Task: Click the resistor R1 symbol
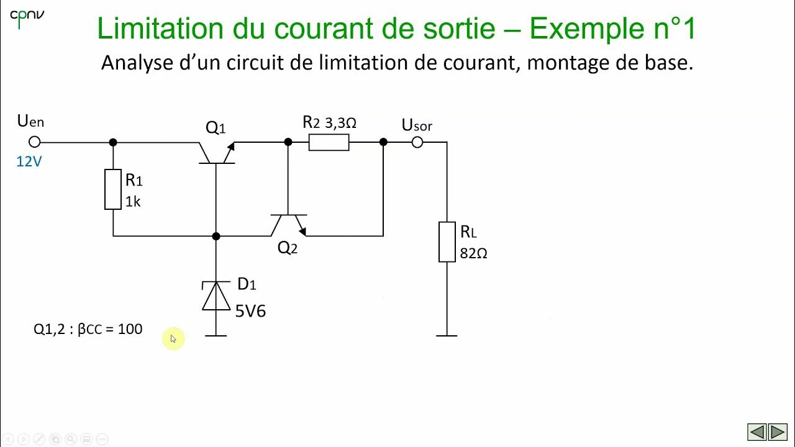pyautogui.click(x=113, y=189)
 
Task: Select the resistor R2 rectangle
pyautogui.click(x=329, y=142)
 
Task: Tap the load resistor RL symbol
pyautogui.click(x=447, y=242)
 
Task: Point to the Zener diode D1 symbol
pyautogui.click(x=216, y=296)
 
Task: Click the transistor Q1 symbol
pyautogui.click(x=216, y=152)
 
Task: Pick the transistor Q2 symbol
pyautogui.click(x=288, y=225)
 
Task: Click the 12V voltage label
pyautogui.click(x=29, y=161)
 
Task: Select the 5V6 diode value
pyautogui.click(x=250, y=310)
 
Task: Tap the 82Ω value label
pyautogui.click(x=473, y=253)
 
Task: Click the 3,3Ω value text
pyautogui.click(x=340, y=123)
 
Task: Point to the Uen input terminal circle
pyautogui.click(x=35, y=142)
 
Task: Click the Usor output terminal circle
pyautogui.click(x=417, y=142)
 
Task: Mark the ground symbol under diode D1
pyautogui.click(x=216, y=335)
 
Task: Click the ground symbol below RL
pyautogui.click(x=447, y=335)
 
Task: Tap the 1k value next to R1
pyautogui.click(x=133, y=201)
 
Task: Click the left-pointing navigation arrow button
pyautogui.click(x=756, y=431)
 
